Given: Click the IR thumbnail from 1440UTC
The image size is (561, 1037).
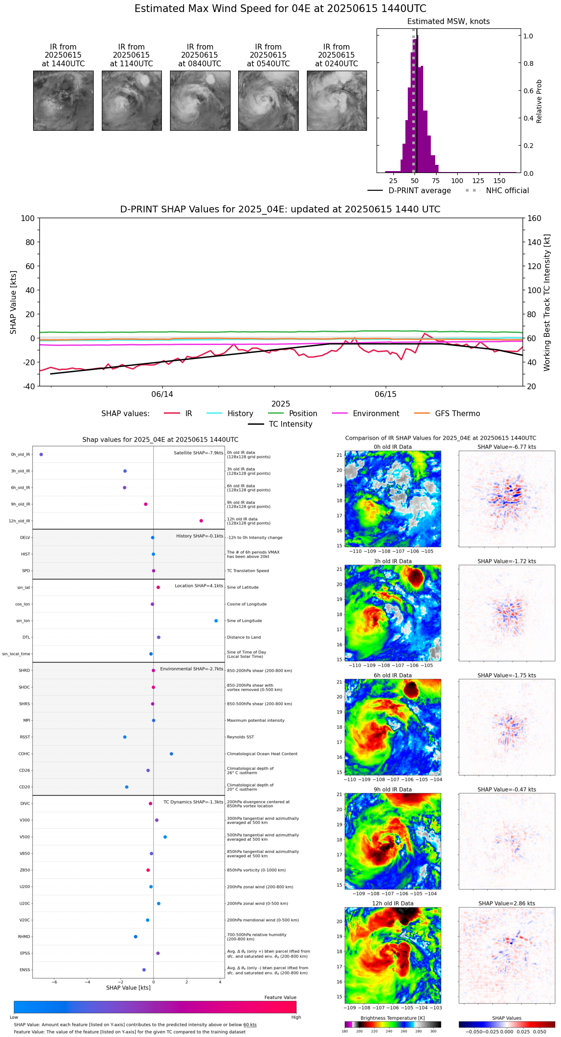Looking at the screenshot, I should [x=63, y=100].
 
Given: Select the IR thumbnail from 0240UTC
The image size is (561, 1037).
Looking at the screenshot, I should [x=337, y=100].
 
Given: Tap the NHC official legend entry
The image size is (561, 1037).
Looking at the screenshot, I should [x=507, y=191].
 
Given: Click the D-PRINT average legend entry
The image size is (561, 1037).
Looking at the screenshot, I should [x=419, y=191].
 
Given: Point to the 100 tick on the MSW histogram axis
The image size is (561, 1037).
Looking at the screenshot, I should [x=457, y=181].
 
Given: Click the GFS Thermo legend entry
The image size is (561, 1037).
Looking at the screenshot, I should [x=457, y=414].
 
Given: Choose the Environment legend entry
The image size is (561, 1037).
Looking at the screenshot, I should [x=376, y=414].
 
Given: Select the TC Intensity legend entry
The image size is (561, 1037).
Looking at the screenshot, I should [x=290, y=424].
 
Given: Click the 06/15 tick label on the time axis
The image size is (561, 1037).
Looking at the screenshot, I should [x=386, y=395].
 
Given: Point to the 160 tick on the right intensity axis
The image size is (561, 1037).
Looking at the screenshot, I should [x=534, y=219].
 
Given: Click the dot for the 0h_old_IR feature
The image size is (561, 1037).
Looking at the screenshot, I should [x=41, y=455].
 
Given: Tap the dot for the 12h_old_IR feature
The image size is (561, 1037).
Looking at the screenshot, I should [x=201, y=521].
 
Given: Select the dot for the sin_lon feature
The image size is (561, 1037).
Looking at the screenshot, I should [x=216, y=621].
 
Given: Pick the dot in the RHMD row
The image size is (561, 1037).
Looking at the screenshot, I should [x=135, y=937].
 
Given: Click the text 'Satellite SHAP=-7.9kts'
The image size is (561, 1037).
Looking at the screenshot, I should [x=198, y=453].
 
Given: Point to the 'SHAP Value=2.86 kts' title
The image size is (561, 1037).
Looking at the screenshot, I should [x=507, y=903].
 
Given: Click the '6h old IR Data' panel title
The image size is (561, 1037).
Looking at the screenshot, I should [x=392, y=676].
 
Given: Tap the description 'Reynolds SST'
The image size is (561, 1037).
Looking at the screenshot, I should [x=241, y=737].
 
